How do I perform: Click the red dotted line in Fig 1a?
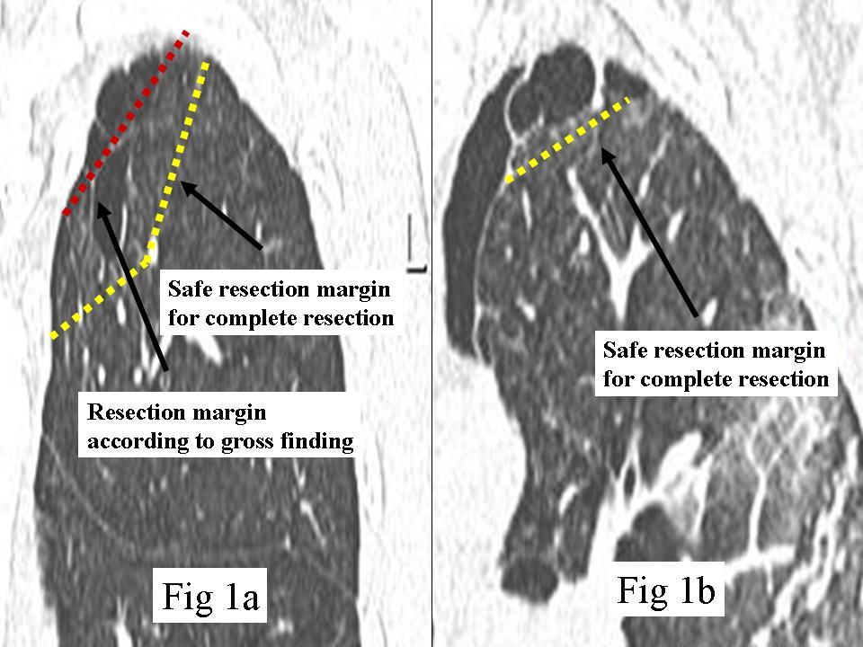tap(127, 123)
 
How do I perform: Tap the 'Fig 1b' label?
tap(666, 589)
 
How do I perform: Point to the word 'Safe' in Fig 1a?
tap(187, 288)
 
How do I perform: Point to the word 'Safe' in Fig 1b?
tap(622, 350)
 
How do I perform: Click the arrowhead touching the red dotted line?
tap(102, 210)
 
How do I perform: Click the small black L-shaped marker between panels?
tap(416, 244)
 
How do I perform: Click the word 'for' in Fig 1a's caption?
tap(181, 318)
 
